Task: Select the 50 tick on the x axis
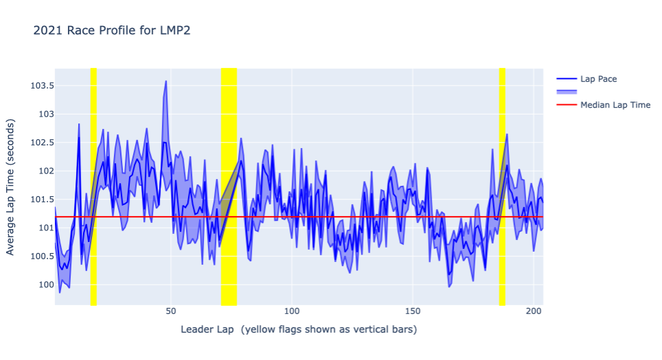click(171, 310)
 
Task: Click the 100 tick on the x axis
click(292, 310)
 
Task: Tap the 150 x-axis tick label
click(413, 310)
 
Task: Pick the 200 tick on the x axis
click(534, 310)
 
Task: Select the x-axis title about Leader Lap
click(298, 330)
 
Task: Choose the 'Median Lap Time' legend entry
click(615, 105)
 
